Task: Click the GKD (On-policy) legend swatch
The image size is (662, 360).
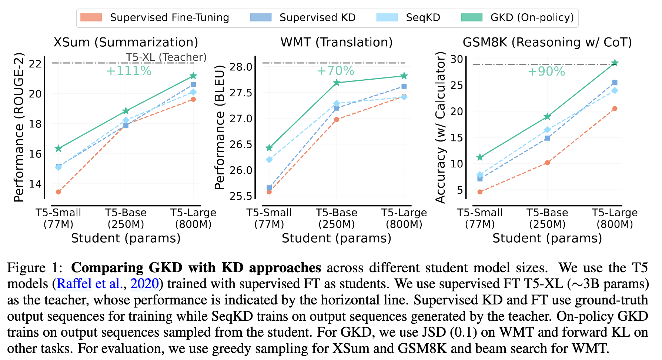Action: click(x=471, y=17)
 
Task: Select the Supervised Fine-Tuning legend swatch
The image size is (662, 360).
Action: click(x=91, y=17)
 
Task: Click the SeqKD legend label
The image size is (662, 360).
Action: click(x=423, y=17)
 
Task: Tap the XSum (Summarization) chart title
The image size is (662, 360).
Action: click(x=126, y=42)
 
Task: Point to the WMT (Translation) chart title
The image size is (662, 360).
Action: click(x=336, y=42)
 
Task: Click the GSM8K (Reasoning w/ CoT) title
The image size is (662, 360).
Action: click(x=547, y=42)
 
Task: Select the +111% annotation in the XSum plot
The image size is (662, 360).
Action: click(x=129, y=71)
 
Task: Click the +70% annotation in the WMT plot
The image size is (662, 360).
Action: click(x=335, y=70)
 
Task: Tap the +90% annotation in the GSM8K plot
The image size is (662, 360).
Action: click(x=546, y=71)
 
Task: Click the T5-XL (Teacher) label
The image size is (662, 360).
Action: click(x=166, y=57)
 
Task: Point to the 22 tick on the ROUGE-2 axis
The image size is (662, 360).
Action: click(x=35, y=64)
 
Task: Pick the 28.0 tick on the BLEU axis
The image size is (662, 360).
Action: click(x=241, y=67)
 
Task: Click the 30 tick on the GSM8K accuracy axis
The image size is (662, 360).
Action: click(x=457, y=59)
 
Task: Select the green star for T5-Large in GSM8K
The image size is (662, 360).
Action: click(x=615, y=63)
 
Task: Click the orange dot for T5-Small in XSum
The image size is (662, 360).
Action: click(x=58, y=192)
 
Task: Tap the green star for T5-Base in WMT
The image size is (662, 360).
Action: click(x=337, y=83)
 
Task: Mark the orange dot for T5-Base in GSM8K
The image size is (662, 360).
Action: click(x=547, y=163)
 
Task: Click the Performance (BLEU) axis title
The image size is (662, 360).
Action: click(x=220, y=127)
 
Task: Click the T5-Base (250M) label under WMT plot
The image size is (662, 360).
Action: click(x=336, y=219)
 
